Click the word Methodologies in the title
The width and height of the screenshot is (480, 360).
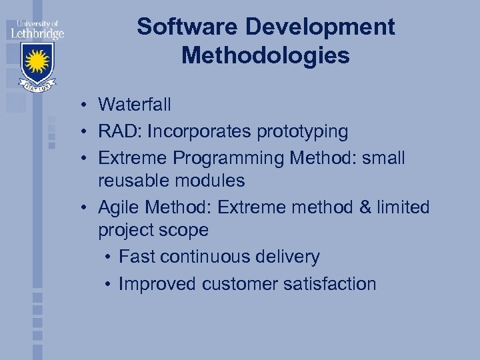[265, 56]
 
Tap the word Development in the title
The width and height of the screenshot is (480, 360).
[321, 27]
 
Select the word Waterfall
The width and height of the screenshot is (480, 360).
[135, 105]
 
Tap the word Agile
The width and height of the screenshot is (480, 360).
[117, 208]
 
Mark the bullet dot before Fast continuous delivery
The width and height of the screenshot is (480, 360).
[108, 257]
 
